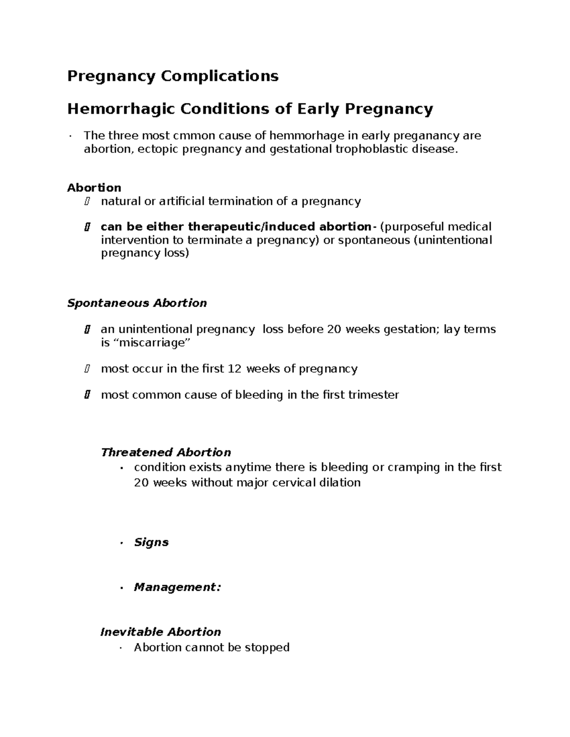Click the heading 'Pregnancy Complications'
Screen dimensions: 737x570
coord(172,76)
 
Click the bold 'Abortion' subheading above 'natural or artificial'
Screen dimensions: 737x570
coord(94,187)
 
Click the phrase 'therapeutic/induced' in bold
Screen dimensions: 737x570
coord(252,226)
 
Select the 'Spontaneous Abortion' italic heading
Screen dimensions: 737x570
coord(137,303)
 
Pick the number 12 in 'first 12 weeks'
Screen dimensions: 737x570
coord(235,369)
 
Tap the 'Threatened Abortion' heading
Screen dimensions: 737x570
coord(166,452)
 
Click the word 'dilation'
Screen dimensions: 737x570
coord(340,483)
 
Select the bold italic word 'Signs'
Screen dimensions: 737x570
coord(151,542)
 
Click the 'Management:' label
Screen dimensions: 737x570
coord(177,587)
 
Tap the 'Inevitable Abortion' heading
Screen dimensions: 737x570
coord(161,632)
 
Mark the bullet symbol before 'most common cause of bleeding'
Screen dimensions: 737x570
coord(86,395)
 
